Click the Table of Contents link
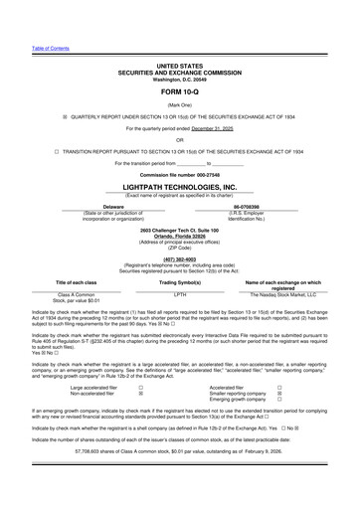(x=23, y=47)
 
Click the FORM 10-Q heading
(x=180, y=90)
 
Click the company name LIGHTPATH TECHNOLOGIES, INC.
(x=180, y=186)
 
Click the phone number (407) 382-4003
(x=180, y=259)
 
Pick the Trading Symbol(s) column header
(x=180, y=283)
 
